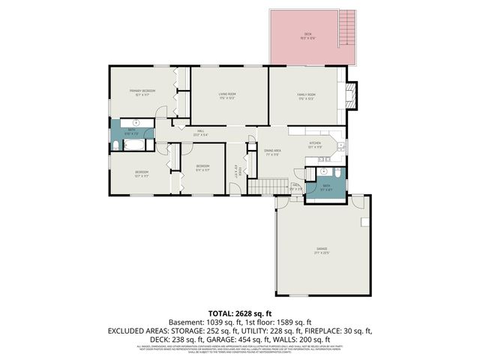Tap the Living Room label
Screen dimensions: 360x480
point(227,95)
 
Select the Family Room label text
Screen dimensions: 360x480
point(306,96)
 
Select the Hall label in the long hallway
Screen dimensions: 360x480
point(201,132)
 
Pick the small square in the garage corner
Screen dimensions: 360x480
point(364,222)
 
